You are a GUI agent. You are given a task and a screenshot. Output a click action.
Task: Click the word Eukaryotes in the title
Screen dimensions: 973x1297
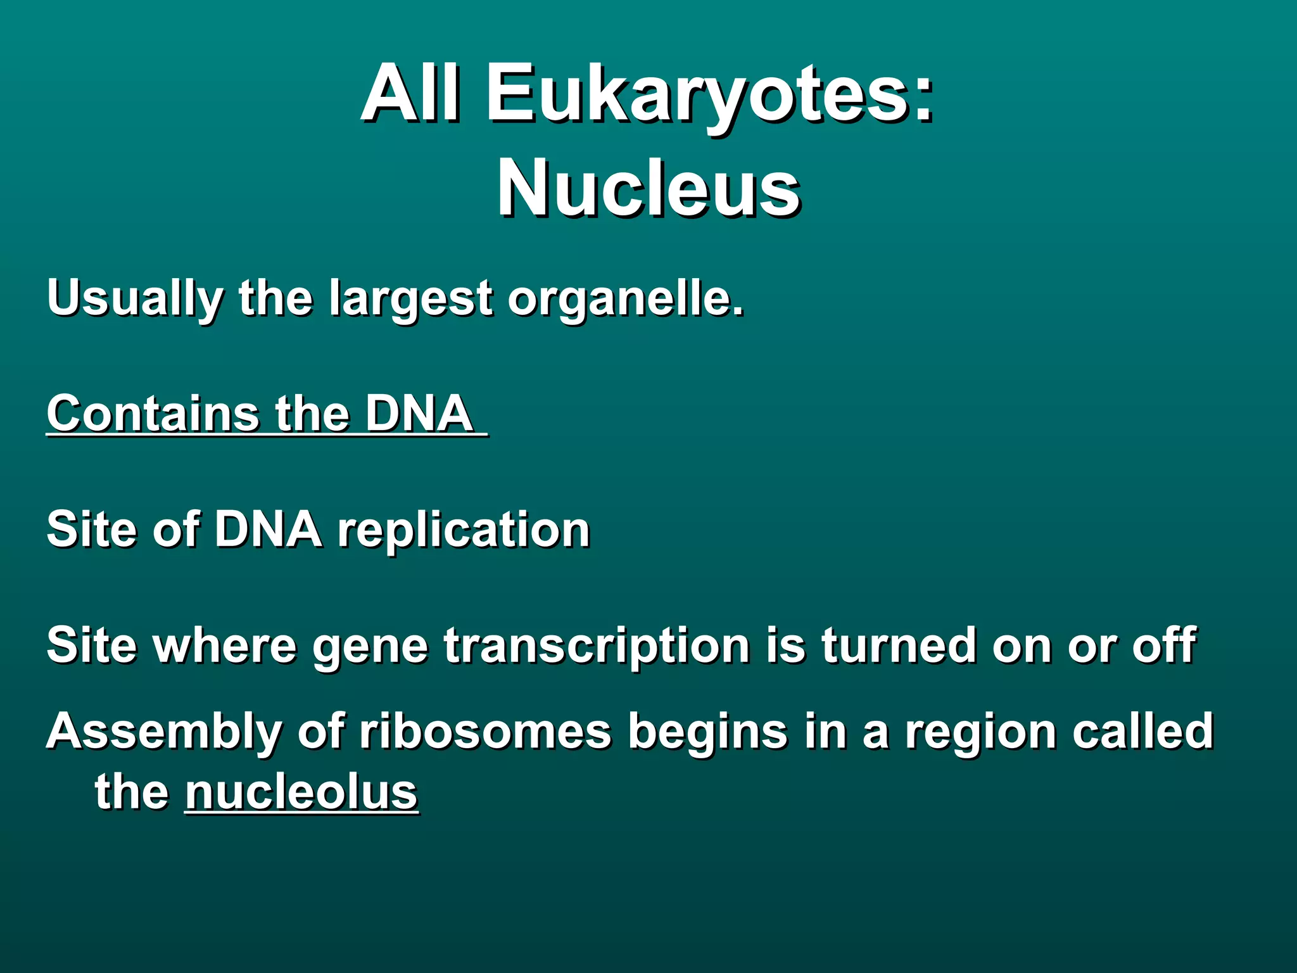pyautogui.click(x=709, y=95)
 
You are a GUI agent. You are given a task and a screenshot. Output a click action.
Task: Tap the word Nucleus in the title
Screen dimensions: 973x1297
pyautogui.click(x=648, y=189)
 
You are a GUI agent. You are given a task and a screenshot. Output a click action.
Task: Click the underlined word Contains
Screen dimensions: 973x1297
pyautogui.click(x=152, y=414)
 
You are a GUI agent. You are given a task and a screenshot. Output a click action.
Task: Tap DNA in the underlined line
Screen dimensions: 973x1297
pyautogui.click(x=419, y=414)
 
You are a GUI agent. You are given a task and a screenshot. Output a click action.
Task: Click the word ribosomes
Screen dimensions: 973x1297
pyautogui.click(x=485, y=731)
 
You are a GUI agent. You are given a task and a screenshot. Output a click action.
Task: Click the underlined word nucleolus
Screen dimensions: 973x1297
pyautogui.click(x=301, y=792)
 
